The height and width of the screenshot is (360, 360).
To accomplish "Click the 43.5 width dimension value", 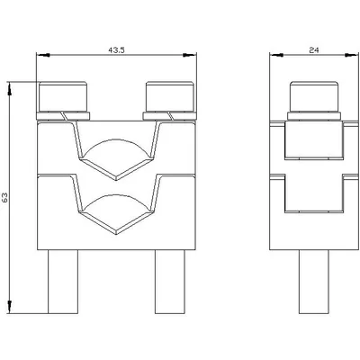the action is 116,50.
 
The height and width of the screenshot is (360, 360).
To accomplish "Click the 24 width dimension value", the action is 313,50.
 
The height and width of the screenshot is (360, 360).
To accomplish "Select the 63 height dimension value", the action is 4,197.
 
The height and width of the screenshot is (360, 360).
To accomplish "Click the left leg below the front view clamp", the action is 63,282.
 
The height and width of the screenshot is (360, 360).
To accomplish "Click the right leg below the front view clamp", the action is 170,282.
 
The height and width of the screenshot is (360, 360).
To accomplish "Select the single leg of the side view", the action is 314,282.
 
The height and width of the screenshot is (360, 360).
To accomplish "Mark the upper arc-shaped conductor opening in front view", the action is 116,139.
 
